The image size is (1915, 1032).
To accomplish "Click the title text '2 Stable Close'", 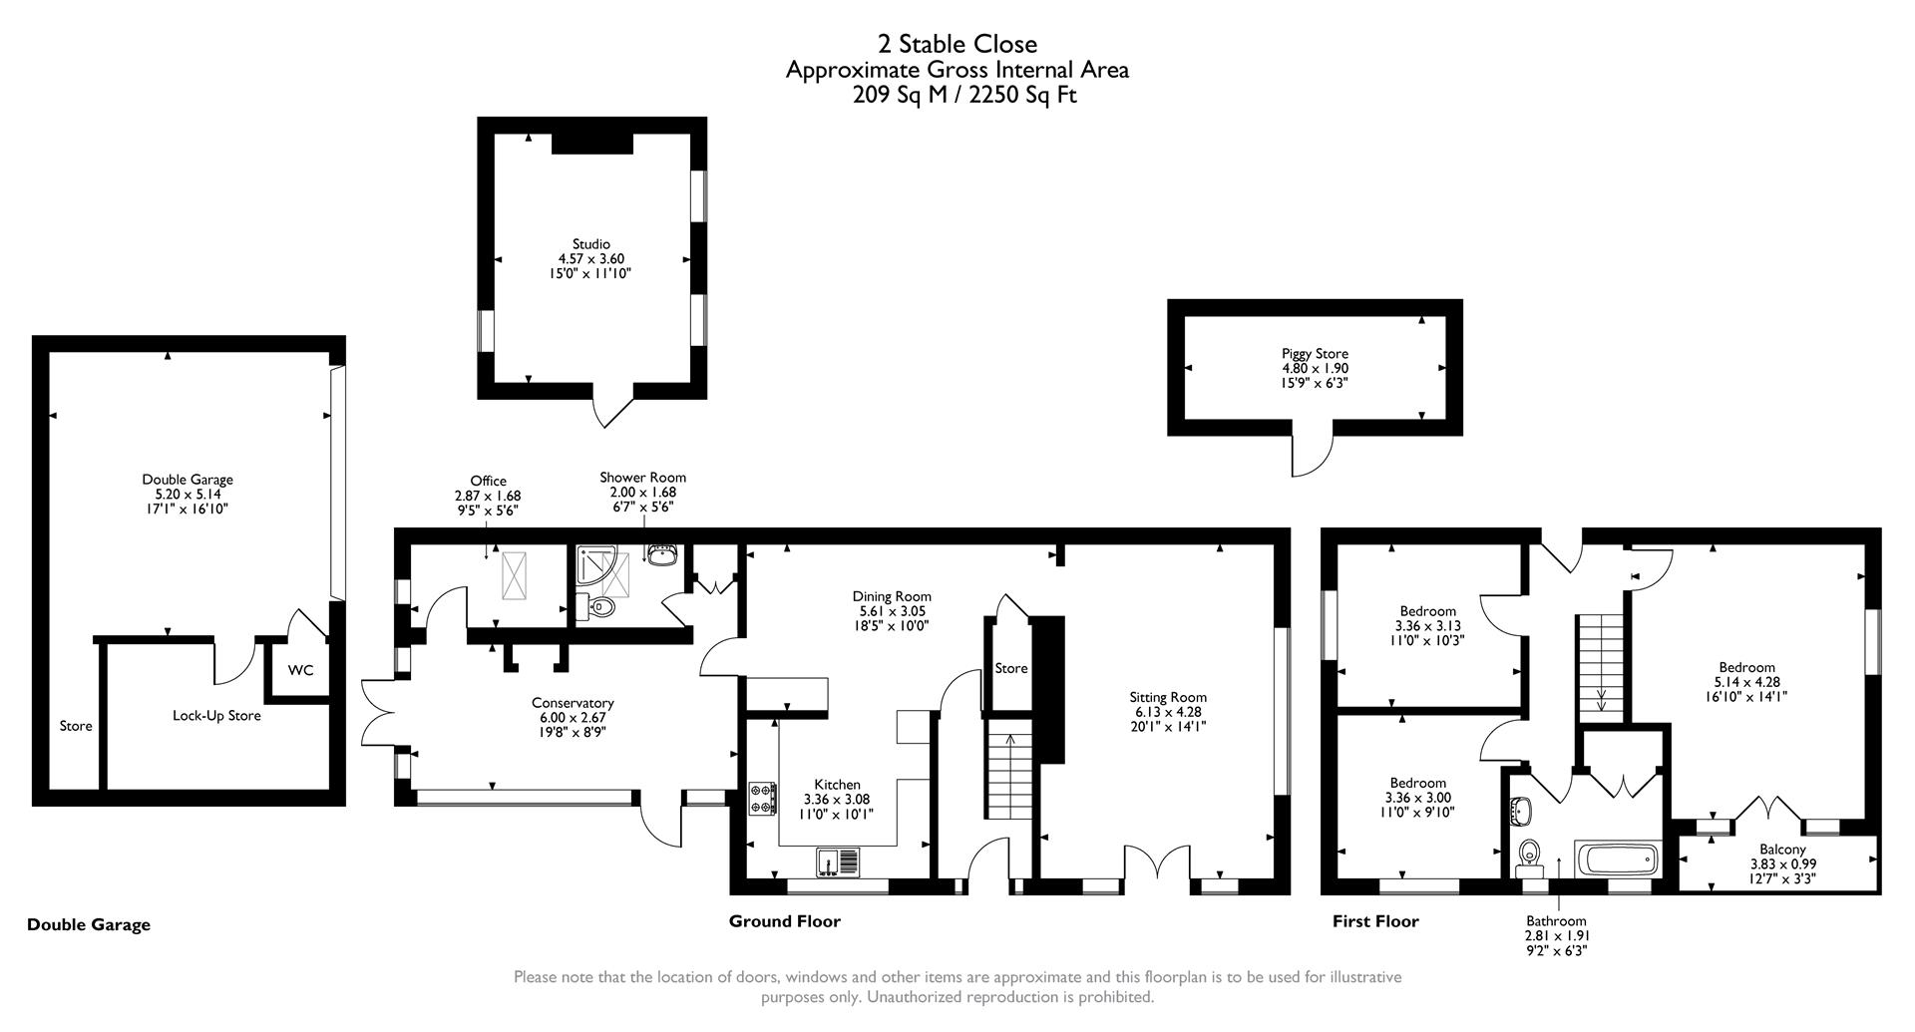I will pyautogui.click(x=957, y=44).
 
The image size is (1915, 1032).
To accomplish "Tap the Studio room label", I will pyautogui.click(x=590, y=244).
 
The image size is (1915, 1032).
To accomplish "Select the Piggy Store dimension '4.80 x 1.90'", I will pyautogui.click(x=1315, y=368).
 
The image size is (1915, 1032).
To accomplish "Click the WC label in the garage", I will pyautogui.click(x=300, y=670).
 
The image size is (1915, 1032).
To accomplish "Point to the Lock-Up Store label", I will pyautogui.click(x=216, y=716).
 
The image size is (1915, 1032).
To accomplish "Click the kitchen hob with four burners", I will pyautogui.click(x=763, y=799).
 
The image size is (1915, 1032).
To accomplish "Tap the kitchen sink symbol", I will pyautogui.click(x=837, y=860).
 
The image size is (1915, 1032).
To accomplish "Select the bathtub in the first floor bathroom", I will pyautogui.click(x=1617, y=860).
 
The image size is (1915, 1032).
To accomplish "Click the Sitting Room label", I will pyautogui.click(x=1168, y=698).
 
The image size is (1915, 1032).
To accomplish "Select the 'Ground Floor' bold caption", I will pyautogui.click(x=784, y=921).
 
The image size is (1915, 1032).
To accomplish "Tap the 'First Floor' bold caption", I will pyautogui.click(x=1375, y=921).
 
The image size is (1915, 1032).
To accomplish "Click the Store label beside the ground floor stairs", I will pyautogui.click(x=1010, y=669).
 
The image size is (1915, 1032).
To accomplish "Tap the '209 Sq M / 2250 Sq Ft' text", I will pyautogui.click(x=964, y=96).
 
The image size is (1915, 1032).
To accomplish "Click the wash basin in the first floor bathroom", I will pyautogui.click(x=1521, y=812).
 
